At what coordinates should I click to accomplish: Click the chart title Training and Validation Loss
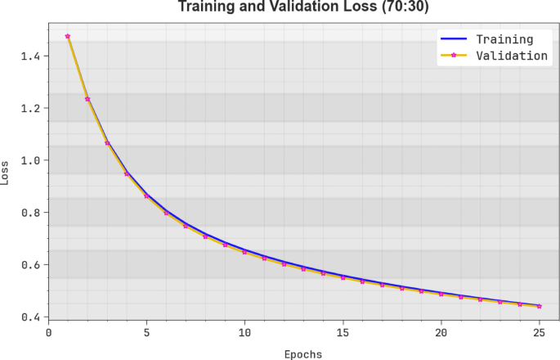pyautogui.click(x=303, y=8)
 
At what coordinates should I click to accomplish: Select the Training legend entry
pyautogui.click(x=504, y=39)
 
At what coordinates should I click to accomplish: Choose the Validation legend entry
pyautogui.click(x=512, y=56)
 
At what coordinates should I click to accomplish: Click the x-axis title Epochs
pyautogui.click(x=302, y=354)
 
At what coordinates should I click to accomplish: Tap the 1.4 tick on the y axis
pyautogui.click(x=30, y=56)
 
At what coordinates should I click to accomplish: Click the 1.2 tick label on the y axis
pyautogui.click(x=30, y=108)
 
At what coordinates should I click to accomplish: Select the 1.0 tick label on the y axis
pyautogui.click(x=30, y=160)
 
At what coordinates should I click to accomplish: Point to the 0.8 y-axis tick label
pyautogui.click(x=30, y=213)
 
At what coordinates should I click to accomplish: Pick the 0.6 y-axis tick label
pyautogui.click(x=30, y=265)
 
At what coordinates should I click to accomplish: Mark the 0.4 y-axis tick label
pyautogui.click(x=30, y=317)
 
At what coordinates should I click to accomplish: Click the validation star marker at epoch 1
pyautogui.click(x=68, y=36)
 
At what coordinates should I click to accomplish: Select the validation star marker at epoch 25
pyautogui.click(x=539, y=306)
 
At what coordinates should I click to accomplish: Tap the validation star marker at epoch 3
pyautogui.click(x=107, y=143)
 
